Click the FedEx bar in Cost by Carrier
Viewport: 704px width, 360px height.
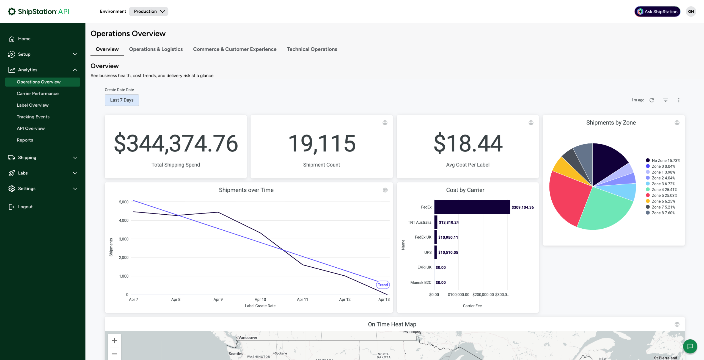point(472,207)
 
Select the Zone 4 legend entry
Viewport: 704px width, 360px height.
point(661,190)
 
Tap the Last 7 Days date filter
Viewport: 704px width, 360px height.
point(122,100)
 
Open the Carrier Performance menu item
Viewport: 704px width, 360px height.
point(38,93)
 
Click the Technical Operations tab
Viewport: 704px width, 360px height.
point(312,49)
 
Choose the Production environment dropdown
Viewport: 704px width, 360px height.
point(148,11)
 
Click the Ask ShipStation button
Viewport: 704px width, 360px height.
point(657,12)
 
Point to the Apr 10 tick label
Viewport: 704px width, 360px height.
point(260,300)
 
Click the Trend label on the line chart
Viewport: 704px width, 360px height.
point(383,285)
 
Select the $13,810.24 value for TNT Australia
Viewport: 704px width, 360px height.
point(449,222)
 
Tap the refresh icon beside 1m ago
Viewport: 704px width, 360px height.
point(652,100)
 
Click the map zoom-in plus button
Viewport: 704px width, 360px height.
point(114,341)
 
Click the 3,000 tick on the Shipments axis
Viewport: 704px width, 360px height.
point(123,239)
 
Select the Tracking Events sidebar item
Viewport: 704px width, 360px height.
point(33,117)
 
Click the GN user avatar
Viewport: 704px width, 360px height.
point(691,12)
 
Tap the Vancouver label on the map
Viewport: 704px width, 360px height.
point(248,338)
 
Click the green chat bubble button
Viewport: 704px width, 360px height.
point(690,346)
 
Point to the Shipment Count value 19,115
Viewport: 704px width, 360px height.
point(322,143)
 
